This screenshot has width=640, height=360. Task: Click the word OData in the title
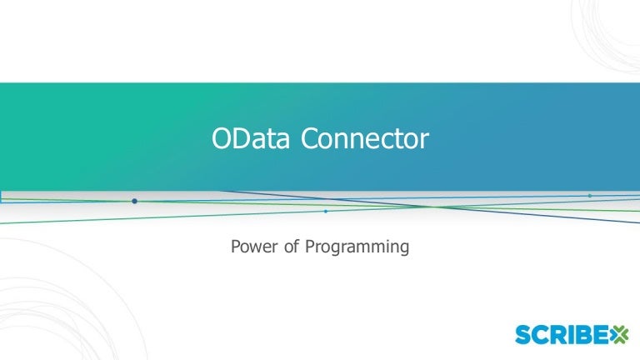(x=251, y=138)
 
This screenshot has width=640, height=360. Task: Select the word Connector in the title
(x=365, y=138)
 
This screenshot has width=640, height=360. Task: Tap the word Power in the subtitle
(x=254, y=246)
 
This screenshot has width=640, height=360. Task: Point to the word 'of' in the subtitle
(x=292, y=246)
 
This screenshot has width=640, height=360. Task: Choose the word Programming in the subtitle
(x=357, y=247)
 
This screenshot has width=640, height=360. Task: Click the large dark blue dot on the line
(x=134, y=201)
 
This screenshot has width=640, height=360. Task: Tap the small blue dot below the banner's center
(x=325, y=212)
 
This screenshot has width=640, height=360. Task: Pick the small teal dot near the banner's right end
(x=590, y=196)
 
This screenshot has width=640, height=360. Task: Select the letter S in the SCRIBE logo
(x=522, y=335)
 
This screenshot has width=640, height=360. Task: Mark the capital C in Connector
(x=310, y=138)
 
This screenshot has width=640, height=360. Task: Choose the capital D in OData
(x=243, y=138)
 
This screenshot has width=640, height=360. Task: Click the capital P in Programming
(x=310, y=246)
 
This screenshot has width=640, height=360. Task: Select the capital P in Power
(x=236, y=246)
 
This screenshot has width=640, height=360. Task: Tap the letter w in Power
(x=257, y=248)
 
